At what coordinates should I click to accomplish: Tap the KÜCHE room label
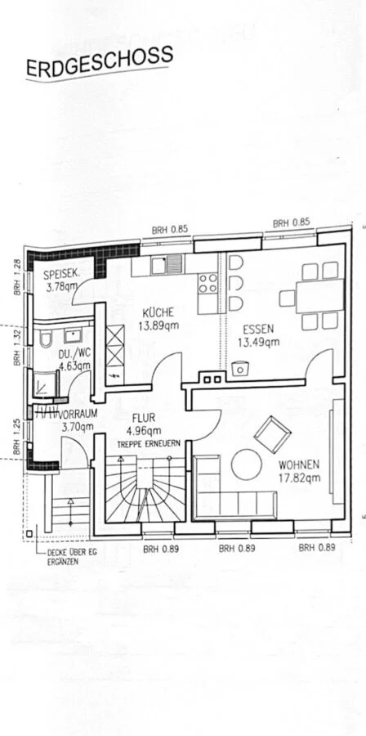pyautogui.click(x=158, y=312)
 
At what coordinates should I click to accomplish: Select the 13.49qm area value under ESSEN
pyautogui.click(x=258, y=342)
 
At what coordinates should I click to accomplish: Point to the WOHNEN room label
pyautogui.click(x=299, y=465)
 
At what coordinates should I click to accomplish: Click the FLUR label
pyautogui.click(x=144, y=417)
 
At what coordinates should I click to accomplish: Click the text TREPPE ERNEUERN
pyautogui.click(x=150, y=442)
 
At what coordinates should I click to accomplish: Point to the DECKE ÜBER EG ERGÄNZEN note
pyautogui.click(x=72, y=557)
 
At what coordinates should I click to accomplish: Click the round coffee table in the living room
pyautogui.click(x=247, y=464)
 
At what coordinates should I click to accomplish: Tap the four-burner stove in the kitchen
pyautogui.click(x=208, y=283)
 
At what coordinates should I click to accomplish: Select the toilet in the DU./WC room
pyautogui.click(x=46, y=339)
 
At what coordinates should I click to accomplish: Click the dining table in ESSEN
pyautogui.click(x=319, y=296)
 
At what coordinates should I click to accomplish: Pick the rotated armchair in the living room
pyautogui.click(x=272, y=434)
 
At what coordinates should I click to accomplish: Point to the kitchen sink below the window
pyautogui.click(x=167, y=265)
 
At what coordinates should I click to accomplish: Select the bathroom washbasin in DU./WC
pyautogui.click(x=73, y=335)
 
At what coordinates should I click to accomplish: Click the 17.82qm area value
pyautogui.click(x=300, y=478)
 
